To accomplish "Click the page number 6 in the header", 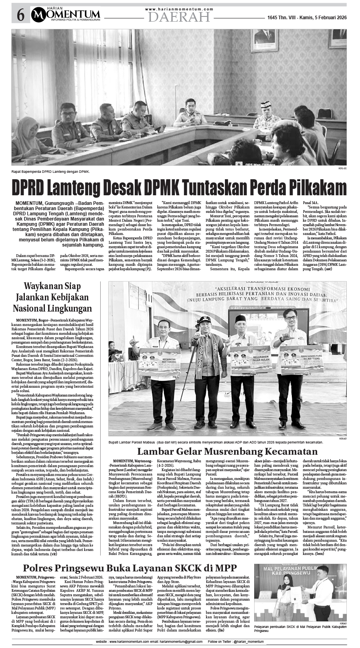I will click(20, 16).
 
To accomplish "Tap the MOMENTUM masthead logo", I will click(66, 15).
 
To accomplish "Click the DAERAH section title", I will click(179, 17).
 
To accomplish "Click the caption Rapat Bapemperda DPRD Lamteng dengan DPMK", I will click(51, 172).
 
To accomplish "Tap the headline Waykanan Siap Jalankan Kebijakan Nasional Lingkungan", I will click(53, 297).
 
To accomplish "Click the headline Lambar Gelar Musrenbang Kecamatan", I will click(224, 451).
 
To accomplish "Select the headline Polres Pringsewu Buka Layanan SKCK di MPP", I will click(129, 568).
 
